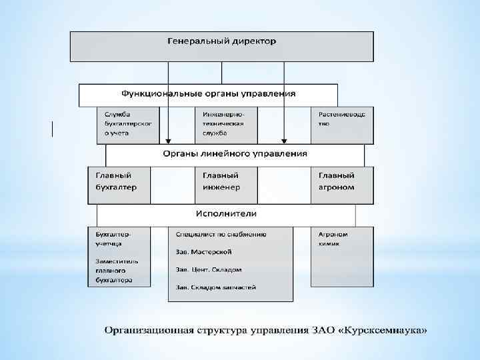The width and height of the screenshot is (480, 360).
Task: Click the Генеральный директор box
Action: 221,45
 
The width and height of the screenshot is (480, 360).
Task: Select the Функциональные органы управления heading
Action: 208,95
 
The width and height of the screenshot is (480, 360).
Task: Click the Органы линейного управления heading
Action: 235,154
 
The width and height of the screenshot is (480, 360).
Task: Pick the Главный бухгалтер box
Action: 119,181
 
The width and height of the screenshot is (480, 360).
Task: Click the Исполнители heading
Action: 226,214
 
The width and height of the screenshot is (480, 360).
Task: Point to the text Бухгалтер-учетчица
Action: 113,239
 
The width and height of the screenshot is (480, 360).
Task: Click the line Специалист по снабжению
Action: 221,235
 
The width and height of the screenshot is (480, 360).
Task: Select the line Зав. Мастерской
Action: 203,252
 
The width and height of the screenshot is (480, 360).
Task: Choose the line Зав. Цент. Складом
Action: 209,270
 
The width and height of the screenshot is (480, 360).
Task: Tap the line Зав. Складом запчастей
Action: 215,287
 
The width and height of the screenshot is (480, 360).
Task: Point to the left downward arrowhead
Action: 168,141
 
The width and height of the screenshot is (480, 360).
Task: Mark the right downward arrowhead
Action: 285,141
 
